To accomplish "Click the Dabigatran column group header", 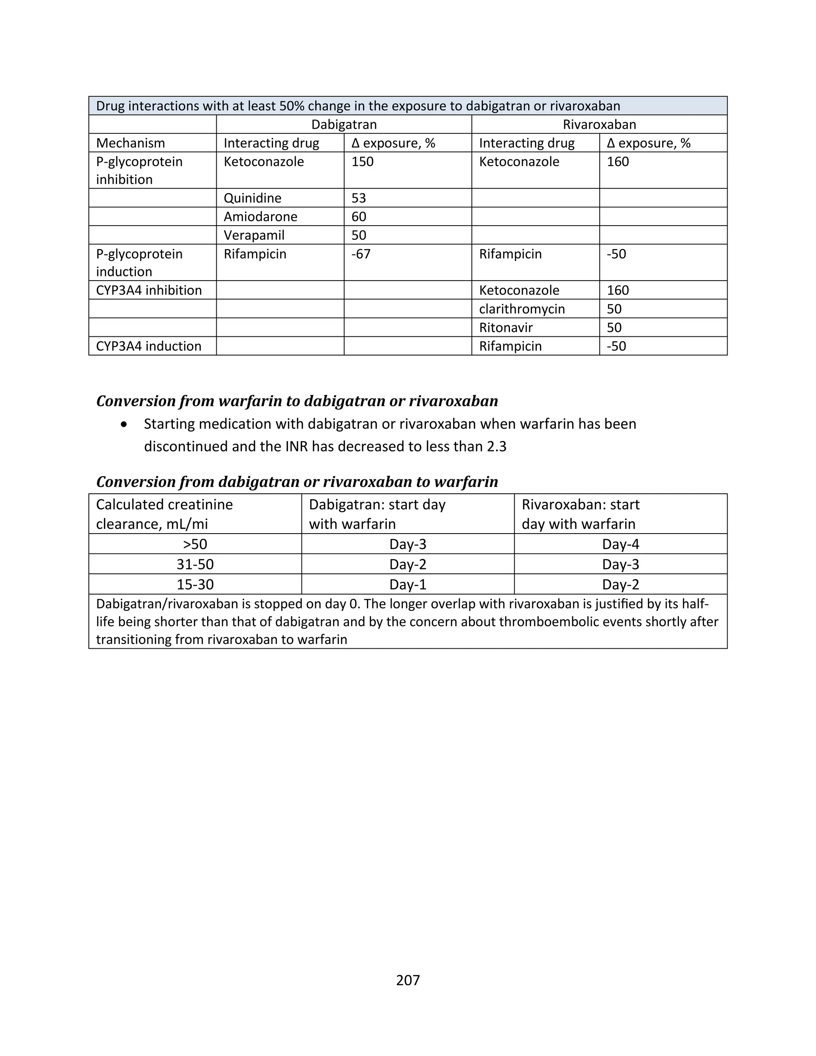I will pyautogui.click(x=344, y=124).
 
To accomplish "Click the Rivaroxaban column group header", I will pyautogui.click(x=599, y=124).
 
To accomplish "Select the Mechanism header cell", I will pyautogui.click(x=131, y=143).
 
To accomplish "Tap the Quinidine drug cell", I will pyautogui.click(x=252, y=198).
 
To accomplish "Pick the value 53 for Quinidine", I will pyautogui.click(x=359, y=198).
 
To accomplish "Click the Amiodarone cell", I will pyautogui.click(x=260, y=217).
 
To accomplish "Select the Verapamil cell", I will pyautogui.click(x=254, y=236).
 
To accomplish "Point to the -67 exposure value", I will pyautogui.click(x=361, y=254).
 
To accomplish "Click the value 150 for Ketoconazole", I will pyautogui.click(x=363, y=161).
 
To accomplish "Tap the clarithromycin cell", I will pyautogui.click(x=522, y=309).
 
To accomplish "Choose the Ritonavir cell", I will pyautogui.click(x=506, y=328).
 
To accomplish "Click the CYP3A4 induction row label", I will pyautogui.click(x=148, y=346).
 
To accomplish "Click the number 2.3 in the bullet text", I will pyautogui.click(x=496, y=446).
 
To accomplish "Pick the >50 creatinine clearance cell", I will pyautogui.click(x=195, y=544).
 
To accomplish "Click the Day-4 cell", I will pyautogui.click(x=620, y=544).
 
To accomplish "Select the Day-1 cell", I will pyautogui.click(x=408, y=585).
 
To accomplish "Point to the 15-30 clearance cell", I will pyautogui.click(x=195, y=585).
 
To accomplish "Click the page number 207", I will pyautogui.click(x=408, y=980).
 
